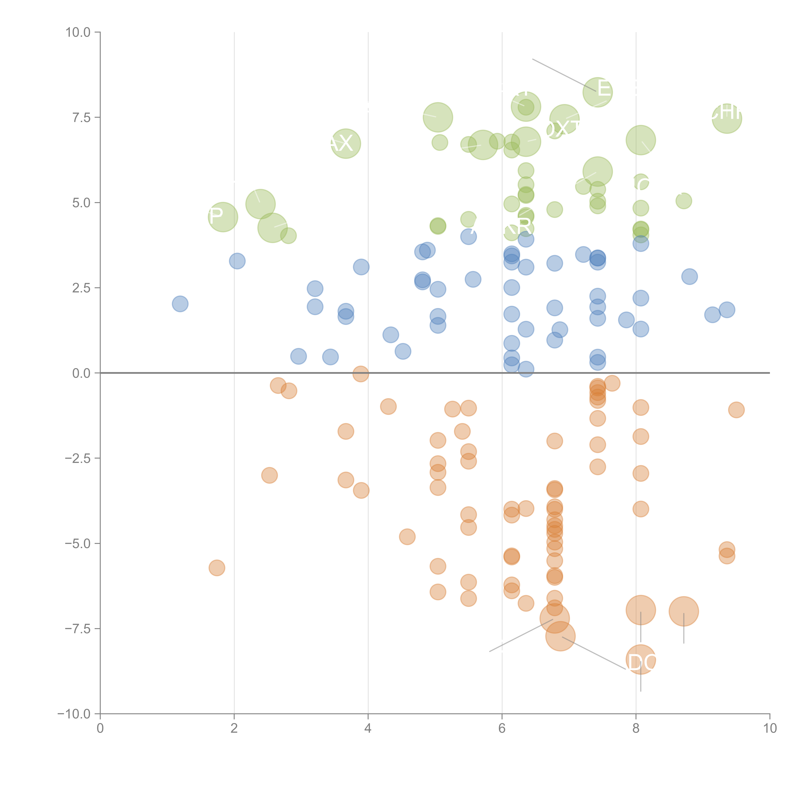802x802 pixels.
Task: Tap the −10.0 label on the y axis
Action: (x=74, y=714)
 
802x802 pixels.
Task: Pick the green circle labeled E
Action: (x=597, y=92)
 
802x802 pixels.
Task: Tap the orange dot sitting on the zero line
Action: (x=361, y=374)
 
